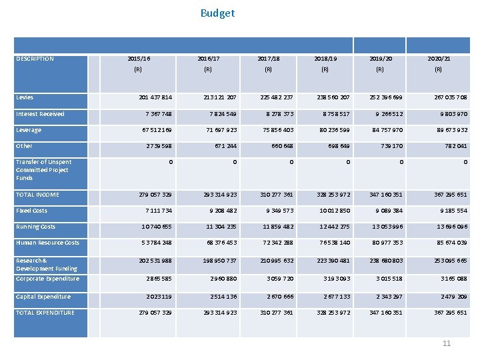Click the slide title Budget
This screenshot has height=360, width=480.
tap(217, 13)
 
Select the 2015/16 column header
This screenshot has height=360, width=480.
tap(139, 59)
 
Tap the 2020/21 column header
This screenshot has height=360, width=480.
tap(439, 59)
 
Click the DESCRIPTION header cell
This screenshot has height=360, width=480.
tap(35, 59)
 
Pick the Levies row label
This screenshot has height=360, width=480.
tap(25, 97)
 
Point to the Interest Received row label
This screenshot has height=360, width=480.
tap(40, 114)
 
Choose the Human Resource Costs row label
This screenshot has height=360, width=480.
tap(47, 243)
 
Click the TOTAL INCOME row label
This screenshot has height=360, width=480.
tap(37, 195)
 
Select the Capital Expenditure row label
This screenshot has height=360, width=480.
tap(43, 297)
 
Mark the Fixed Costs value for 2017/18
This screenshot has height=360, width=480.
tap(278, 211)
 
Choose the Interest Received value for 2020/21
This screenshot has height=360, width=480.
tap(453, 114)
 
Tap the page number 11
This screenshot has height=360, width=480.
tap(447, 343)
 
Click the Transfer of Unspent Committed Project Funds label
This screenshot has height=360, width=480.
tap(43, 170)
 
